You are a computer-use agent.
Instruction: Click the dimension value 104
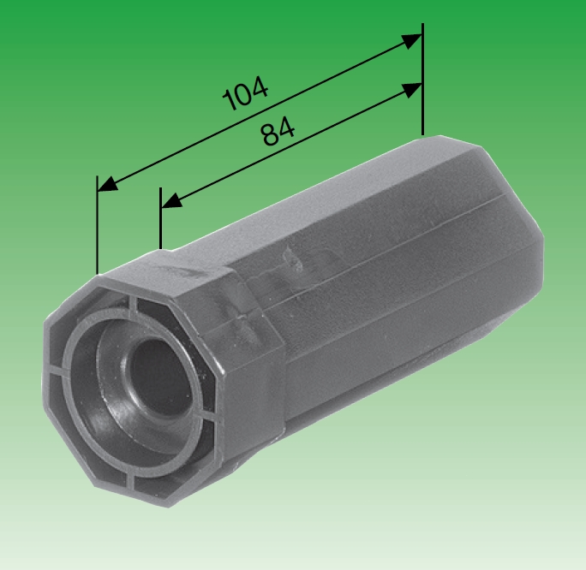point(245,94)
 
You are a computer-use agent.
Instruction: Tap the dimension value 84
point(278,133)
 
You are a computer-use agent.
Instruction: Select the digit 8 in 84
point(269,137)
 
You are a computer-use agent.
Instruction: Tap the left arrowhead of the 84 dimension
point(170,203)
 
